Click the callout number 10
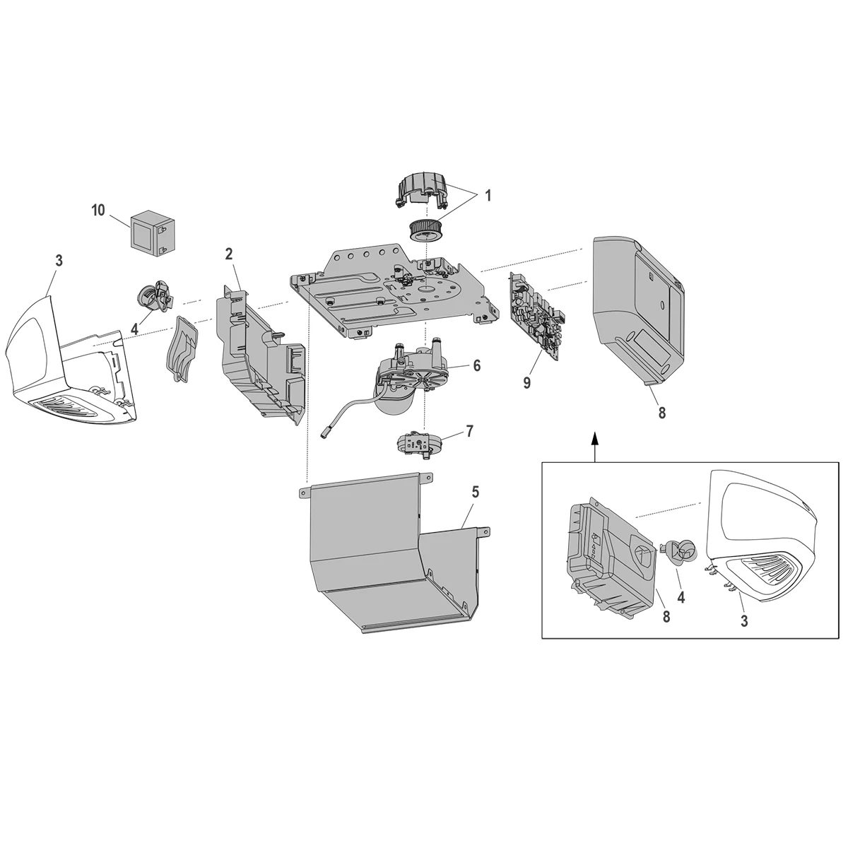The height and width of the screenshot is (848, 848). [98, 210]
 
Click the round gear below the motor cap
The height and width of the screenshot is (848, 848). [425, 230]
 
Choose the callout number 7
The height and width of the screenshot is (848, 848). [469, 430]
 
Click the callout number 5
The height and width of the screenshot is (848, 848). [475, 492]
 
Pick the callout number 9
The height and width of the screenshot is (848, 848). [526, 382]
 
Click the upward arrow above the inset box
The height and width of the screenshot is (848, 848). [594, 442]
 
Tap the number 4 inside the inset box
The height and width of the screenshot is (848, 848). [681, 597]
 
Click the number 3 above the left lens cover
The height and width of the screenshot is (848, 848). [59, 261]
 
